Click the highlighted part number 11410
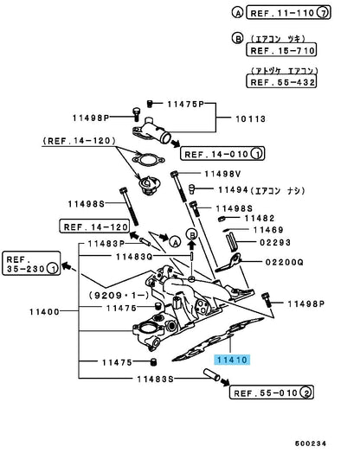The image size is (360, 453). (x=232, y=360)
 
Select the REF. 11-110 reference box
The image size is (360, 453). (x=288, y=13)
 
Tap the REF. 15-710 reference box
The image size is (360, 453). (x=281, y=50)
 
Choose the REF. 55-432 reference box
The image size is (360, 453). (x=281, y=81)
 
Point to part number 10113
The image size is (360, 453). (x=251, y=119)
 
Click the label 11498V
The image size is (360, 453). (x=222, y=174)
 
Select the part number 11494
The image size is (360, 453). (x=234, y=190)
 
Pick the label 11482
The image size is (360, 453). (x=260, y=218)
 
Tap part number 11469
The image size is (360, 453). (x=268, y=230)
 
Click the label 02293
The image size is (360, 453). (x=275, y=242)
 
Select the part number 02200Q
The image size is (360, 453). (x=284, y=262)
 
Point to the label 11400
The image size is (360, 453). (x=44, y=312)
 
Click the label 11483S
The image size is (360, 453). (x=155, y=379)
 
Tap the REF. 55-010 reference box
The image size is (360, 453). (x=272, y=392)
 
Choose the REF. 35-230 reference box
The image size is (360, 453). (x=31, y=264)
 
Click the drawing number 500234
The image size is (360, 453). (x=311, y=443)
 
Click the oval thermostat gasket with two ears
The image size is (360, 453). (x=148, y=160)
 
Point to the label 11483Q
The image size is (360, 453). (x=134, y=257)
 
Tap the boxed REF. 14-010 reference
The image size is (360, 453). (x=222, y=153)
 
